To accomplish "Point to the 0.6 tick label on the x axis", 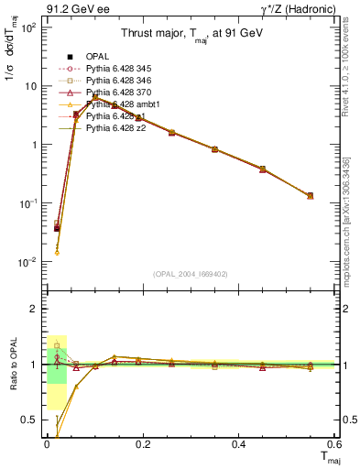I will pos(333,443).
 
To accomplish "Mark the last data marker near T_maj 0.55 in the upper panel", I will pos(311,196).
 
